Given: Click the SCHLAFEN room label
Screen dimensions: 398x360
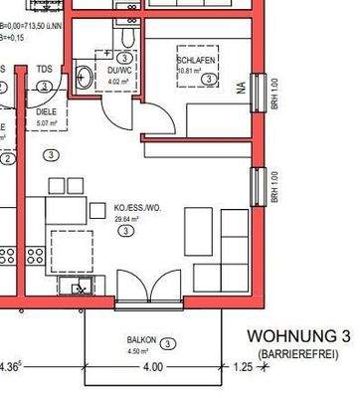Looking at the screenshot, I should pyautogui.click(x=196, y=61).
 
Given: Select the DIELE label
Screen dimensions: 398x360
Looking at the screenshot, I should pyautogui.click(x=47, y=113).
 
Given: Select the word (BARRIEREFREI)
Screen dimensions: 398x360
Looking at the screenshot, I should pyautogui.click(x=298, y=354).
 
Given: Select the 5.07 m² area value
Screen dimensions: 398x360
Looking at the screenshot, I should pyautogui.click(x=47, y=124).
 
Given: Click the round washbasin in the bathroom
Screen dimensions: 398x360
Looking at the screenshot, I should pyautogui.click(x=86, y=75).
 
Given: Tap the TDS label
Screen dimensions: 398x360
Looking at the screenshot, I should pyautogui.click(x=44, y=70).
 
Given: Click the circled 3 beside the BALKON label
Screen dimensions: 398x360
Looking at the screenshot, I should pyautogui.click(x=169, y=343).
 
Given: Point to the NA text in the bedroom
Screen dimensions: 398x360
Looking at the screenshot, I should pyautogui.click(x=240, y=88).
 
